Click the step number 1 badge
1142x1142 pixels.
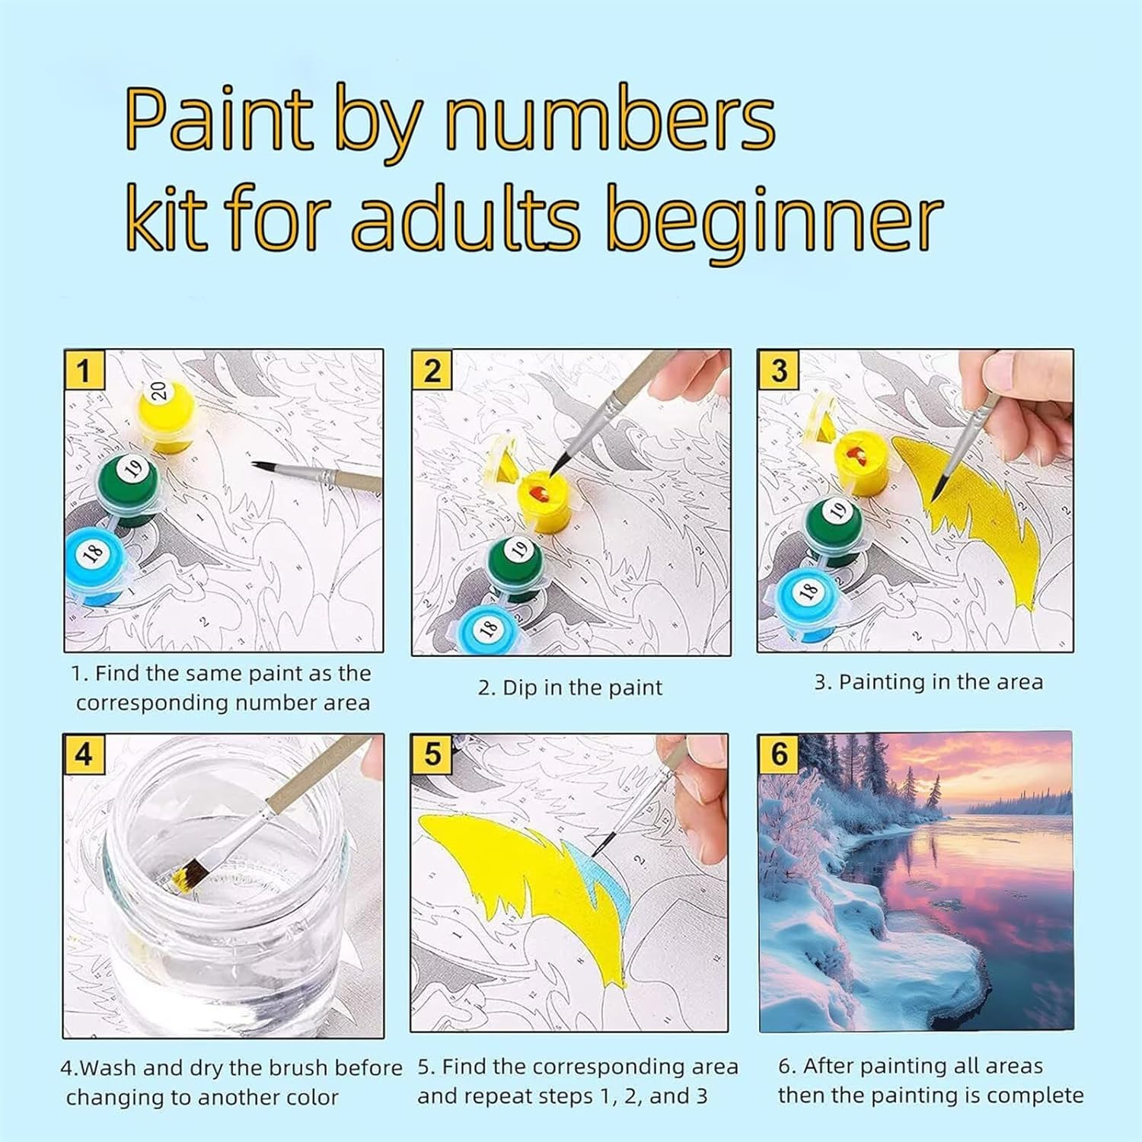[83, 371]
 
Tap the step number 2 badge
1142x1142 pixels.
[431, 371]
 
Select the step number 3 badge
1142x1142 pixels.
[778, 371]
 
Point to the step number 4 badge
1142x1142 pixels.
[83, 754]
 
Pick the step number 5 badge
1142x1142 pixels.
[432, 754]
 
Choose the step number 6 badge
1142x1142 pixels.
[779, 754]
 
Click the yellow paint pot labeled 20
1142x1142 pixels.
[166, 415]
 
